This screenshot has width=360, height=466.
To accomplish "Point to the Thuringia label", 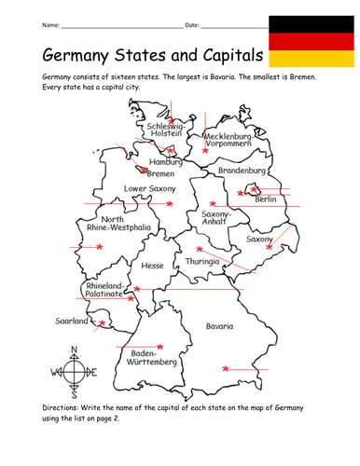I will point(201,262).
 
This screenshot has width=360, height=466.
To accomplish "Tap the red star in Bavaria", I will point(226,370).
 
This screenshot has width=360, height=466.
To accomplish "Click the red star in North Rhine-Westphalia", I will point(100,247).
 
